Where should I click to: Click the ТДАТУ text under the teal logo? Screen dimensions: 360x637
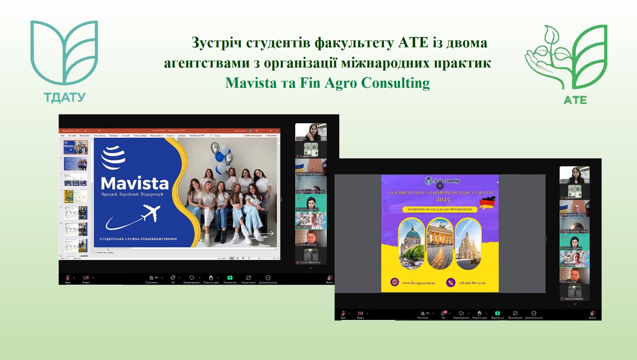pyautogui.click(x=65, y=98)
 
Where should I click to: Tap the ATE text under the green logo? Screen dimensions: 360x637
pyautogui.click(x=575, y=100)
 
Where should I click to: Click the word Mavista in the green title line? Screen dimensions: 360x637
pyautogui.click(x=251, y=83)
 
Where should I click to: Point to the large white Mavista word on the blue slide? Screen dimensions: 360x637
pyautogui.click(x=135, y=184)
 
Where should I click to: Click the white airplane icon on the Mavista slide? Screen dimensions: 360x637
pyautogui.click(x=151, y=212)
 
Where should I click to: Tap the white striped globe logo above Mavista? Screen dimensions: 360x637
pyautogui.click(x=113, y=157)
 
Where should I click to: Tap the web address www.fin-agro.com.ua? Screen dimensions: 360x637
pyautogui.click(x=419, y=283)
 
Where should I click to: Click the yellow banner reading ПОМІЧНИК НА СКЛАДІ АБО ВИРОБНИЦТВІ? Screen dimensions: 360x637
pyautogui.click(x=440, y=209)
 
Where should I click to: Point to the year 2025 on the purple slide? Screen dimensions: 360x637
pyautogui.click(x=443, y=200)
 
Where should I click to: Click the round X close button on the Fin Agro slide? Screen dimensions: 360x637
pyautogui.click(x=440, y=186)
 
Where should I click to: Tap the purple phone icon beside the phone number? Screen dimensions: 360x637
pyautogui.click(x=451, y=283)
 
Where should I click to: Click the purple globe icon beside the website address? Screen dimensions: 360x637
pyautogui.click(x=395, y=283)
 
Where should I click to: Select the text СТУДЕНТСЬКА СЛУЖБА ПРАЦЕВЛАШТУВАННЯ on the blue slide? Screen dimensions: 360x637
pyautogui.click(x=138, y=239)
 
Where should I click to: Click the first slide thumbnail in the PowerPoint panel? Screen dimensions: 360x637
pyautogui.click(x=76, y=147)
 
